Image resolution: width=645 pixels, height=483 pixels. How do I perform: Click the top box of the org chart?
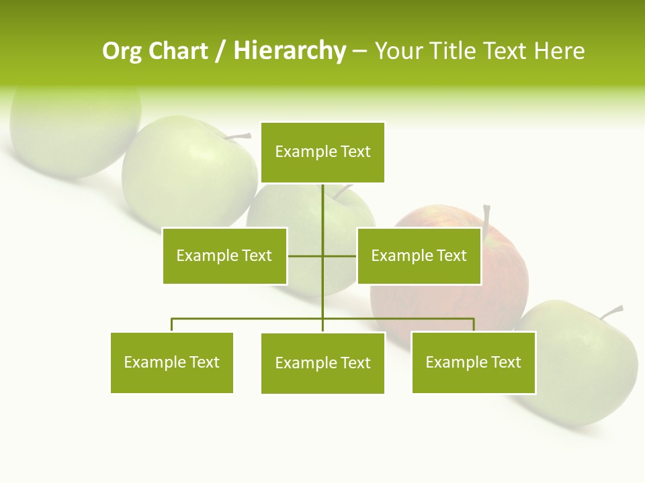tap(322, 152)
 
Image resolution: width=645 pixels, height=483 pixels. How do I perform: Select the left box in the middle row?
tap(224, 256)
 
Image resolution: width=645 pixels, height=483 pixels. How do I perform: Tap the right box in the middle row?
tap(419, 256)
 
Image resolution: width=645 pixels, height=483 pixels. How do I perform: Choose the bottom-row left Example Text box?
tap(172, 363)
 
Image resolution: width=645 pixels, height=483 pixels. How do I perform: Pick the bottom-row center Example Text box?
tap(322, 363)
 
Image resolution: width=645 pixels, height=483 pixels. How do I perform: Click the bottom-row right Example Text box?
tap(473, 363)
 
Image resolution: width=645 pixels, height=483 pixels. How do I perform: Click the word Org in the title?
tap(122, 51)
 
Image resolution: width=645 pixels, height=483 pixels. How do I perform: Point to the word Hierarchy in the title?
tap(290, 51)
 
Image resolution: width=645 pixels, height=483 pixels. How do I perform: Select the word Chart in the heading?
tap(178, 51)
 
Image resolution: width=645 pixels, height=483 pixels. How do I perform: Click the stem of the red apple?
tap(486, 216)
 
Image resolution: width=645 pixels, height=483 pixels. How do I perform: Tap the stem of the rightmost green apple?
tap(612, 312)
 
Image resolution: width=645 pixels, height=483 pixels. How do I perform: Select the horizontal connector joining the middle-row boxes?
tap(339, 256)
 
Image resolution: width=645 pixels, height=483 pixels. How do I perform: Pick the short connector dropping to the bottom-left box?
tap(172, 325)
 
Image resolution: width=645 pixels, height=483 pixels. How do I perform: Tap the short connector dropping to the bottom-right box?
tap(474, 325)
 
